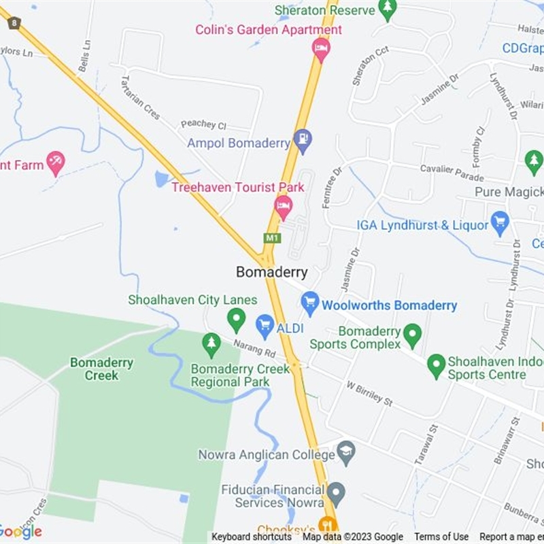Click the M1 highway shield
pos(272,238)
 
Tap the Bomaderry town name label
pos(271,272)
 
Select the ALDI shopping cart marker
pos(265,325)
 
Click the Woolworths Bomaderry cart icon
pos(310,303)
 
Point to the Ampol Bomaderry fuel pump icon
pos(303,141)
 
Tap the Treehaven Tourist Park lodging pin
pos(284,205)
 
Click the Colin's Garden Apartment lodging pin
pos(321,48)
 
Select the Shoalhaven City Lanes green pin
pos(236,319)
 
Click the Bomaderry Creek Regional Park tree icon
pos(211,343)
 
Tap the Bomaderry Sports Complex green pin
pos(412,335)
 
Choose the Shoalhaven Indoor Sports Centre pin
pos(436,366)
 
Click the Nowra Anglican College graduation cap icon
pos(346,453)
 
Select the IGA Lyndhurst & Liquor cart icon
pos(500,222)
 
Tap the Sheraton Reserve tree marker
pos(388,9)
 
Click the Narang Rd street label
pos(254,349)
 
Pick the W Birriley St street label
pos(369,394)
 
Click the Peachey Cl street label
pos(203,124)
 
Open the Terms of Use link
pos(441,537)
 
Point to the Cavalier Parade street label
pos(452,173)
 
